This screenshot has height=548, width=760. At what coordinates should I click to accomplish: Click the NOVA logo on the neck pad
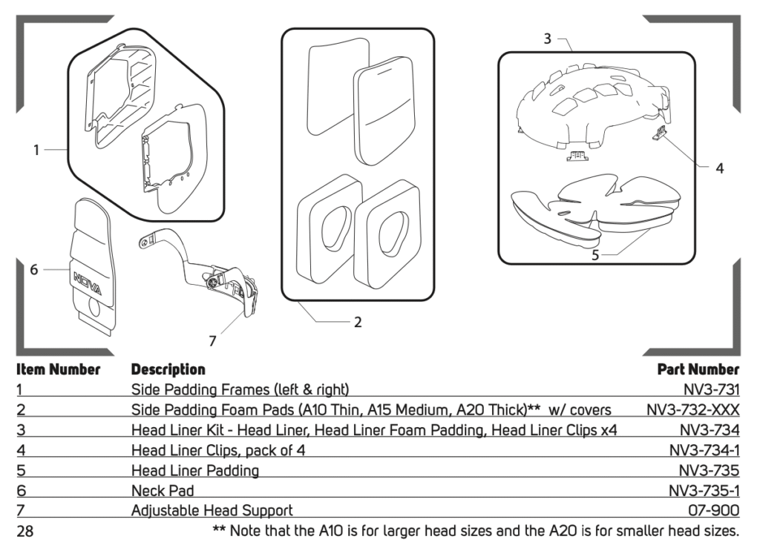point(88,280)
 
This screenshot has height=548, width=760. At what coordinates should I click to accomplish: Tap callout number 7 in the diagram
point(213,341)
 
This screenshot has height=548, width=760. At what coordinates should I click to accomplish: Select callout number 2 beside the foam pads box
point(358,322)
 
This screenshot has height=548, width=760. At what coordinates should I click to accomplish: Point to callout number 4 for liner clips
point(719,168)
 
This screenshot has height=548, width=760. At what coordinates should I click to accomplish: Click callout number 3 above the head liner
point(547,39)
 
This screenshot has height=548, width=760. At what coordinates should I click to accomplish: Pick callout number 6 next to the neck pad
point(34,270)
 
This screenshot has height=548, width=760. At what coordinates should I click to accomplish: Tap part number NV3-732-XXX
point(693,409)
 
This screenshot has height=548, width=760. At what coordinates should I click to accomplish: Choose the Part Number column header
point(698,369)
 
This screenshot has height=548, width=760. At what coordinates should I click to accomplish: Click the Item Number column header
point(58,369)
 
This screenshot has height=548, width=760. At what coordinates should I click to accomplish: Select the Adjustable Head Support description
point(212,510)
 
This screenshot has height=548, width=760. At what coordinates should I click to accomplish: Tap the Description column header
point(168,369)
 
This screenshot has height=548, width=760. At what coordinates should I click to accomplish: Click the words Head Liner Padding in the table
point(194,470)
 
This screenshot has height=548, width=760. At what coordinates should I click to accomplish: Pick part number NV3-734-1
point(704,449)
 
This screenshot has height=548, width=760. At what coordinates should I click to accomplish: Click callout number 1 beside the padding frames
point(36,150)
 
